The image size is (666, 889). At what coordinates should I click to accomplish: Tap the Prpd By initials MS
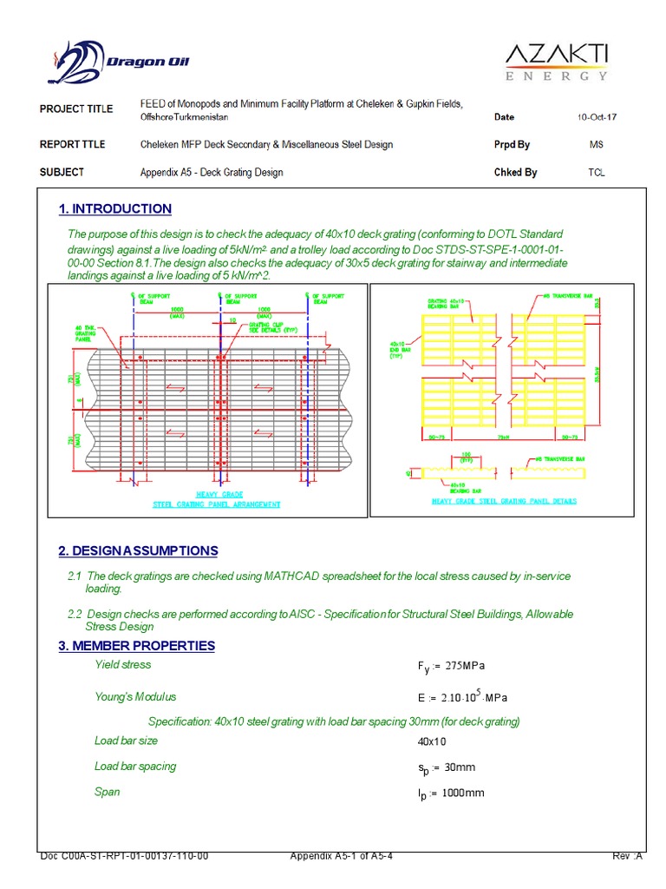click(596, 145)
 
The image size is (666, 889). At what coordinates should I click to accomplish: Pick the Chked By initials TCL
click(597, 173)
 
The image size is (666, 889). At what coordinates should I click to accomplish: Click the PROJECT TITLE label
click(76, 109)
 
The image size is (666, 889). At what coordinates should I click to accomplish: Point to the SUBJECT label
click(62, 173)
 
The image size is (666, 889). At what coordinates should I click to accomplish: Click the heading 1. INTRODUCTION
click(114, 209)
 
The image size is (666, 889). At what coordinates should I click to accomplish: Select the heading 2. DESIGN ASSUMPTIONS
click(138, 551)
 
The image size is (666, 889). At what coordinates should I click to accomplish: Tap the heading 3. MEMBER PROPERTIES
click(136, 646)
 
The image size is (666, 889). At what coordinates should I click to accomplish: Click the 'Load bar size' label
click(126, 741)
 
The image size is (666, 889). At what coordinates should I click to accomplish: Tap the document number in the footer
click(124, 856)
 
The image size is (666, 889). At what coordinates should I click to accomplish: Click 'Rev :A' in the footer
click(627, 856)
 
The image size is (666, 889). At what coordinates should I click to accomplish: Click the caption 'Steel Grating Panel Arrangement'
click(217, 504)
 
